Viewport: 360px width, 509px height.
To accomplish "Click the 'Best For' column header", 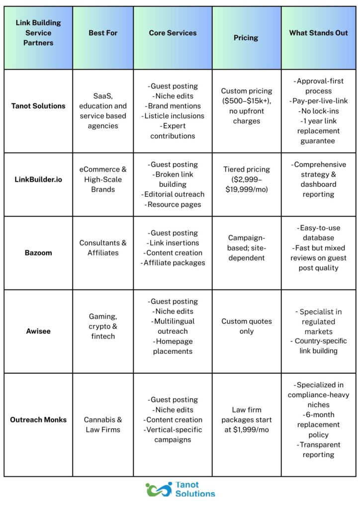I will pyautogui.click(x=103, y=33).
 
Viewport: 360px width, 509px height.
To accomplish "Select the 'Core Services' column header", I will pyautogui.click(x=173, y=33).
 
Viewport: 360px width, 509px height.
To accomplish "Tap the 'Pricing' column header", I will pyautogui.click(x=246, y=37).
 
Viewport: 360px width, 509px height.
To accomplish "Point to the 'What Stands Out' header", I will pyautogui.click(x=318, y=33).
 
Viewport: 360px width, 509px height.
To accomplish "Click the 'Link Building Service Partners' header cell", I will pyautogui.click(x=38, y=33).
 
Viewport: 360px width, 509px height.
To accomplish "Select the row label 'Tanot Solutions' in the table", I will pyautogui.click(x=38, y=106).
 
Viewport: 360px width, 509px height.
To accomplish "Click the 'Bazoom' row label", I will pyautogui.click(x=38, y=253).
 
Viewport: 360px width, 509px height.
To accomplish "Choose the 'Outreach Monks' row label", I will pyautogui.click(x=38, y=420).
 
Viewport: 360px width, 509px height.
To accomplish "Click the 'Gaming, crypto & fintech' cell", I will pyautogui.click(x=103, y=326).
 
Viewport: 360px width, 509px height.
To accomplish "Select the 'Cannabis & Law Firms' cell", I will pyautogui.click(x=103, y=424).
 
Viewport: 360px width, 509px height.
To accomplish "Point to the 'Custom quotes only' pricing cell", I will pyautogui.click(x=246, y=326).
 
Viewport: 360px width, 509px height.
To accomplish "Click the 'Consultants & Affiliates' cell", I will pyautogui.click(x=103, y=248).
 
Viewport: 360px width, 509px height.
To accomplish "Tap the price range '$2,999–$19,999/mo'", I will pyautogui.click(x=246, y=184).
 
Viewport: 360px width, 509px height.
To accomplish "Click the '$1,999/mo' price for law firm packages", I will pyautogui.click(x=247, y=429).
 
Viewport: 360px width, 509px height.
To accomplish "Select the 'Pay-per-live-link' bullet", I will pyautogui.click(x=318, y=101).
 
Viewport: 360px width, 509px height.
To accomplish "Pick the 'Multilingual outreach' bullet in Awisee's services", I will pyautogui.click(x=173, y=326).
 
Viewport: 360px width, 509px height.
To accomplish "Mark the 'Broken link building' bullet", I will pyautogui.click(x=173, y=179).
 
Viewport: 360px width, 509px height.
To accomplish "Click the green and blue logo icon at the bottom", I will pyautogui.click(x=158, y=489).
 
